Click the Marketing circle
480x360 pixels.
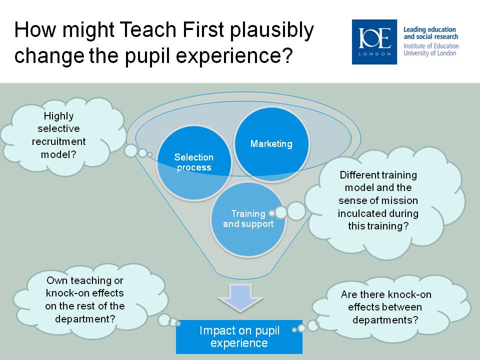[x=271, y=144]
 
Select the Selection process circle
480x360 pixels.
[x=194, y=163]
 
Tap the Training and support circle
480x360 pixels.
[x=248, y=219]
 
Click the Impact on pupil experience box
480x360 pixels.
[x=239, y=336]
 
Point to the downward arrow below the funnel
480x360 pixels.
[x=240, y=297]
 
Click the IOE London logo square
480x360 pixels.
[x=374, y=42]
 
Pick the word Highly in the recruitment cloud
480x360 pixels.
[x=58, y=116]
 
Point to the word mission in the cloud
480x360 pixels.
[x=401, y=200]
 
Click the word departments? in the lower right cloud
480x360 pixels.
[x=385, y=320]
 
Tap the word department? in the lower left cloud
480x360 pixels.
[x=85, y=319]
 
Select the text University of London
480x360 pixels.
[x=430, y=53]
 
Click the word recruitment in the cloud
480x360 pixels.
[x=59, y=141]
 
